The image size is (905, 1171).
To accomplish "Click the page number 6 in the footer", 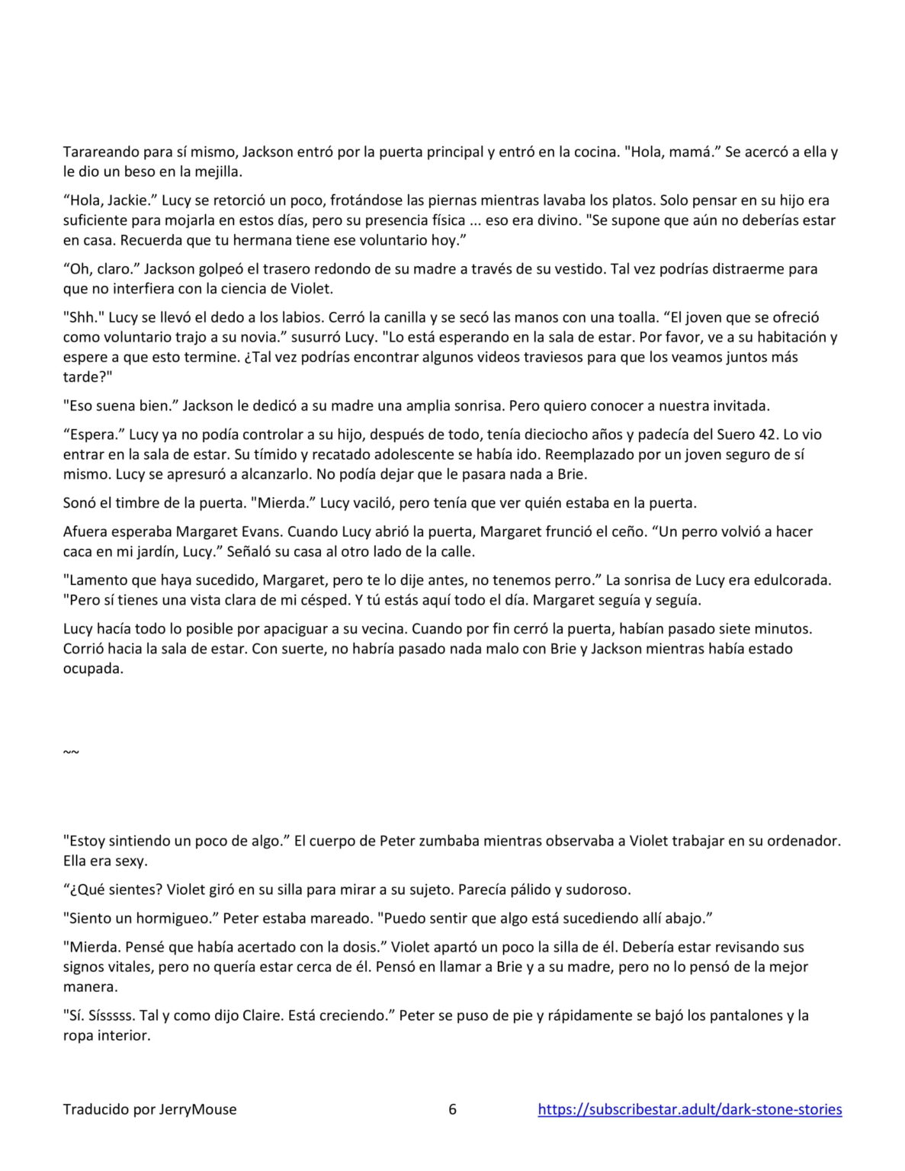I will [x=452, y=1109].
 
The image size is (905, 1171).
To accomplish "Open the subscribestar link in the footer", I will [x=689, y=1109].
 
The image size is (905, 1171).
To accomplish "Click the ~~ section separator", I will [x=70, y=752].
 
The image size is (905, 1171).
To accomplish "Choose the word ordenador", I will [x=803, y=841].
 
